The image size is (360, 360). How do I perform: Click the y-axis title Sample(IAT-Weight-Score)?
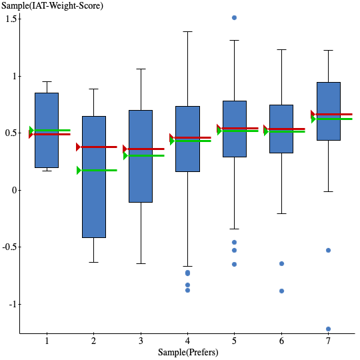tap(53, 6)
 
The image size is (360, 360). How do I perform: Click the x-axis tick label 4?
tap(187, 341)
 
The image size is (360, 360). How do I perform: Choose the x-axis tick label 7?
tap(328, 341)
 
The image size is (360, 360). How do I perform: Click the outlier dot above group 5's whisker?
tap(234, 17)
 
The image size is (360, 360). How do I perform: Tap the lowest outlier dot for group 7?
tap(328, 329)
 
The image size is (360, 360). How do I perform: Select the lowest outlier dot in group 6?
tap(281, 291)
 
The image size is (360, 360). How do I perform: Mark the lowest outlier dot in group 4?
tap(187, 290)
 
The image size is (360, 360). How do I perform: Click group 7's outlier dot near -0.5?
tap(328, 250)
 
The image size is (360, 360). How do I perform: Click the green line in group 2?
tap(98, 170)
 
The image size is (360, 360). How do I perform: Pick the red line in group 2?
tap(98, 147)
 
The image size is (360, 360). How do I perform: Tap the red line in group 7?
tap(333, 114)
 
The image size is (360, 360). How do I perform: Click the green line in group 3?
tap(145, 155)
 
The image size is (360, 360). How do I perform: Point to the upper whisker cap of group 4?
tap(187, 31)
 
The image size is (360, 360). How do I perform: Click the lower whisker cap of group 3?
tap(141, 263)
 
